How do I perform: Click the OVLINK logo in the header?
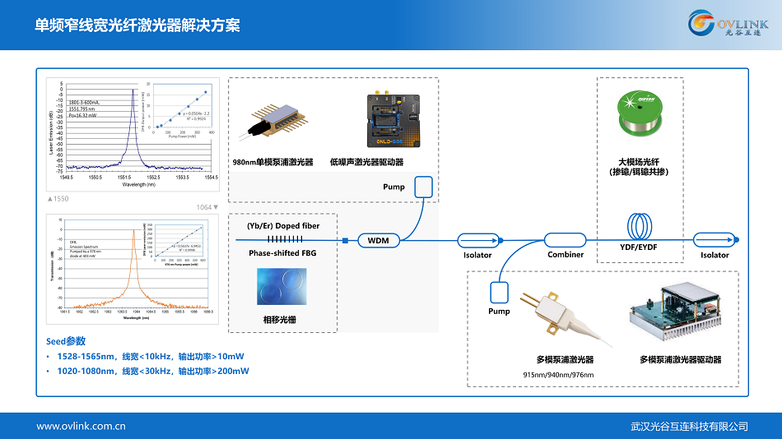(728, 24)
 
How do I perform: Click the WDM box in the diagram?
(378, 241)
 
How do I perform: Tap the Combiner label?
(566, 255)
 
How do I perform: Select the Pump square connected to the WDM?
(424, 187)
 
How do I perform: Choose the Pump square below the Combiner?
(499, 291)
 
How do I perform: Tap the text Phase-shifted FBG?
(282, 253)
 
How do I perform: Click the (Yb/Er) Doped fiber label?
(283, 225)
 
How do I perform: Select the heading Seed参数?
(66, 341)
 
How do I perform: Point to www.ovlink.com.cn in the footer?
(81, 426)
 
